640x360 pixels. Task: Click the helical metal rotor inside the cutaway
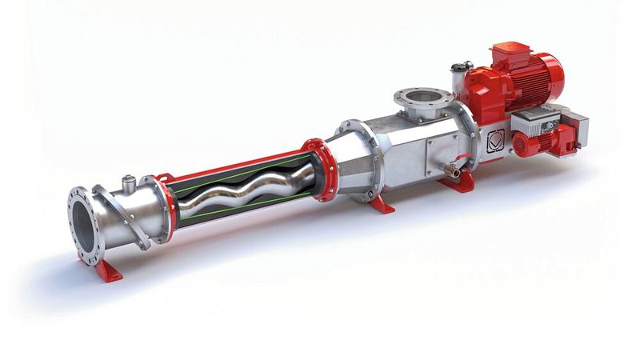click(x=240, y=193)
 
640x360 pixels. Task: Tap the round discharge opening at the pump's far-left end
click(x=82, y=219)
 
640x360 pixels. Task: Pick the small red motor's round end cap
click(x=525, y=144)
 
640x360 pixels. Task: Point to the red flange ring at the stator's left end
click(x=164, y=206)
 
